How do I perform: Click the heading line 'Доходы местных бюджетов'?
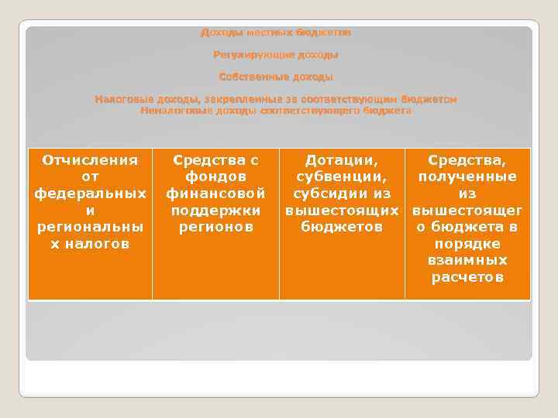click(276, 33)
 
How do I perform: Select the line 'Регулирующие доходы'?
click(276, 55)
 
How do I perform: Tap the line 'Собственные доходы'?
click(276, 77)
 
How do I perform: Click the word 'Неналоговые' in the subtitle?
click(170, 111)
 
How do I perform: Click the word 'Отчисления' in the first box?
click(90, 160)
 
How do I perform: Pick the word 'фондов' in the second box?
click(215, 177)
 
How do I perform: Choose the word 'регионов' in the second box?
click(215, 227)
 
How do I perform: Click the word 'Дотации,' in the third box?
click(342, 160)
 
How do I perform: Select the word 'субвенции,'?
click(342, 177)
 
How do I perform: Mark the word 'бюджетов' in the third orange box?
click(342, 227)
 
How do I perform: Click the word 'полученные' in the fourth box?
click(467, 177)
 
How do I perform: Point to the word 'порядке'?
click(467, 244)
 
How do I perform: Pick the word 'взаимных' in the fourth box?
click(467, 260)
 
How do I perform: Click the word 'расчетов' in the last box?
click(467, 277)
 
